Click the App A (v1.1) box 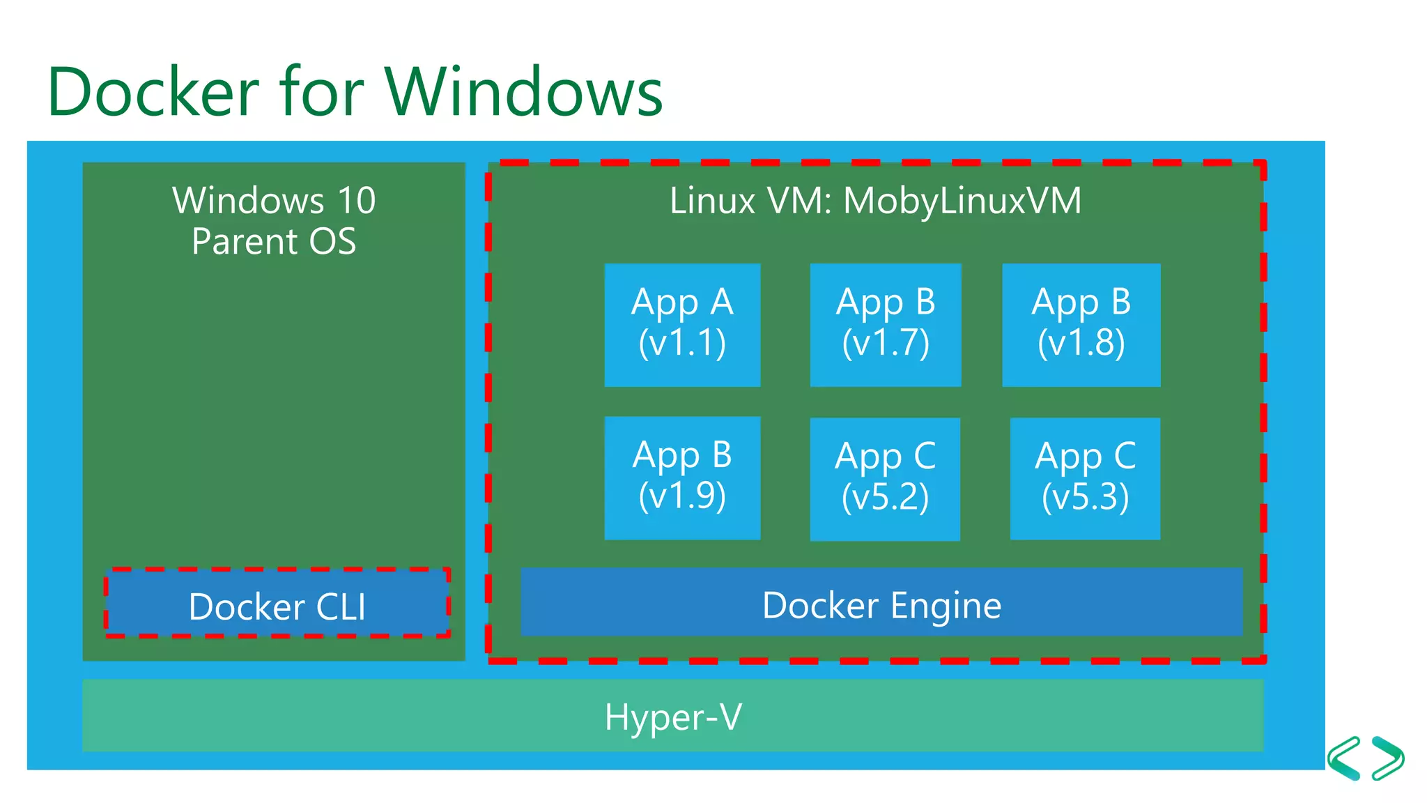(682, 325)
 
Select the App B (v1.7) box (886, 325)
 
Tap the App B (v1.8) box (1081, 325)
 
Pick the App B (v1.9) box (682, 478)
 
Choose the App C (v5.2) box (885, 480)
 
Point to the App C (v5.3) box (1085, 479)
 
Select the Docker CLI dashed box (277, 604)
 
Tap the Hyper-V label (673, 717)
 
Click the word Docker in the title (153, 92)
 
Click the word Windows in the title (523, 92)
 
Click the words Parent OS (274, 242)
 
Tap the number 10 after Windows (356, 201)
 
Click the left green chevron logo (1344, 758)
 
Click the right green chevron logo (1388, 758)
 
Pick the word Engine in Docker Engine (946, 606)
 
